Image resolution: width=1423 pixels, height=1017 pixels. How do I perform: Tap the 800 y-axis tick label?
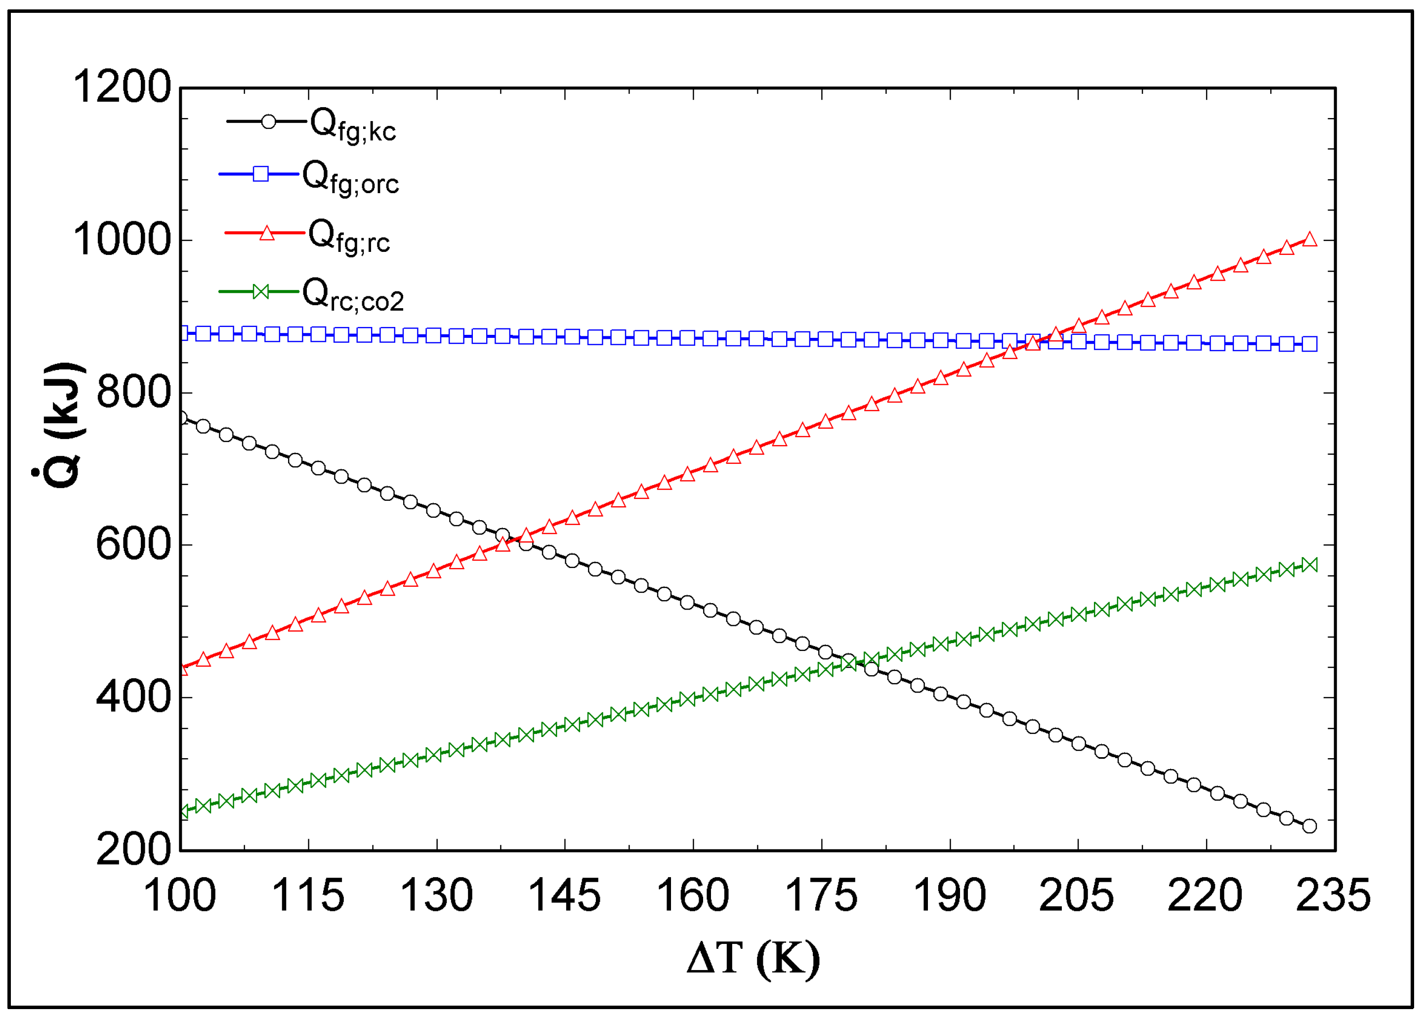point(133,393)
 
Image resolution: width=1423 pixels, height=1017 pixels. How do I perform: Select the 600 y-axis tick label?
point(133,545)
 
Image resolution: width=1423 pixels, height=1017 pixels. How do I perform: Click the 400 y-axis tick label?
point(133,697)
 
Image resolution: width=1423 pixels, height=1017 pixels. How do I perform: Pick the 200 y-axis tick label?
point(133,850)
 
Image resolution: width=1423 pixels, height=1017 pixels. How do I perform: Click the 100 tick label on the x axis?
point(180,896)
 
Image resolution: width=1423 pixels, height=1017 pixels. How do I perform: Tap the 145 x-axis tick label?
point(564,896)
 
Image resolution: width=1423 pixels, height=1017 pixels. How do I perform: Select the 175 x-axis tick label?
point(821,896)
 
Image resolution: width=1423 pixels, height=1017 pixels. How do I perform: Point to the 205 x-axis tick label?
point(1077,896)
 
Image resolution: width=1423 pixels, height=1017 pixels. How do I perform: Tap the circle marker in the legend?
point(268,122)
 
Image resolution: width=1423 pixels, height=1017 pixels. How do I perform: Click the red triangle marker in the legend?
point(267,233)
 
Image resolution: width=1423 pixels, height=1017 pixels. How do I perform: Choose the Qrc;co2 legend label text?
point(353,294)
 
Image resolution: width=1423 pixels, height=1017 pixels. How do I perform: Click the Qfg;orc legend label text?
point(351,178)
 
